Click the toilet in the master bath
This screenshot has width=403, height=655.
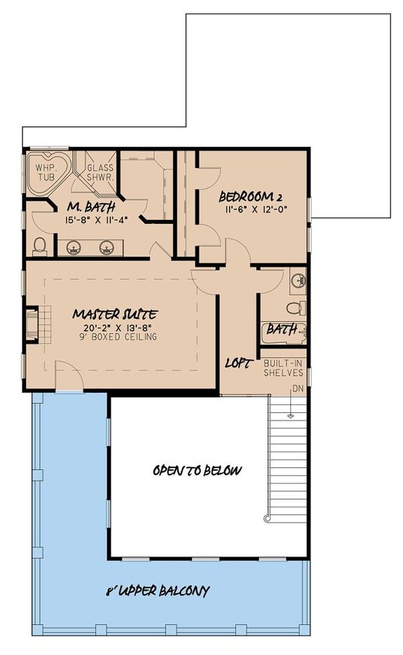40,246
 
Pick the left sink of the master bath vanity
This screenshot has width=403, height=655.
72,246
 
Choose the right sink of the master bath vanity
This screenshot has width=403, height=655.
107,246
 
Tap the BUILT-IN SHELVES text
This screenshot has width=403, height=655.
282,368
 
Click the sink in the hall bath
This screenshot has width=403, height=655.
300,281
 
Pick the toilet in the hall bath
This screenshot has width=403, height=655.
298,307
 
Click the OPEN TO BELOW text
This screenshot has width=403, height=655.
197,470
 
